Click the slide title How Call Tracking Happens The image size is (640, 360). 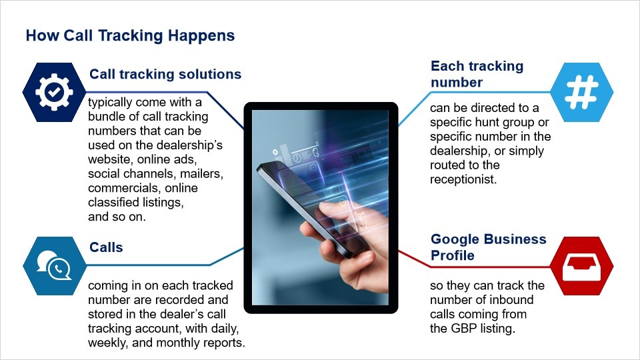[130, 35]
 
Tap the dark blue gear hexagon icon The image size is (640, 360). [54, 92]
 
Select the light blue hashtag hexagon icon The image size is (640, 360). [581, 92]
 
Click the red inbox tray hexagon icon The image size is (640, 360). [581, 266]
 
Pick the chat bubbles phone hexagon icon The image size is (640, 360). [54, 266]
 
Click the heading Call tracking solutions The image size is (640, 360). [165, 74]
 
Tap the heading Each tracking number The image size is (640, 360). [477, 74]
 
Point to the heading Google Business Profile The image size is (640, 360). [488, 247]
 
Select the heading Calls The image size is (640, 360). [106, 247]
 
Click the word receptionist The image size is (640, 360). [463, 179]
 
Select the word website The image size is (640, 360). [111, 159]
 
